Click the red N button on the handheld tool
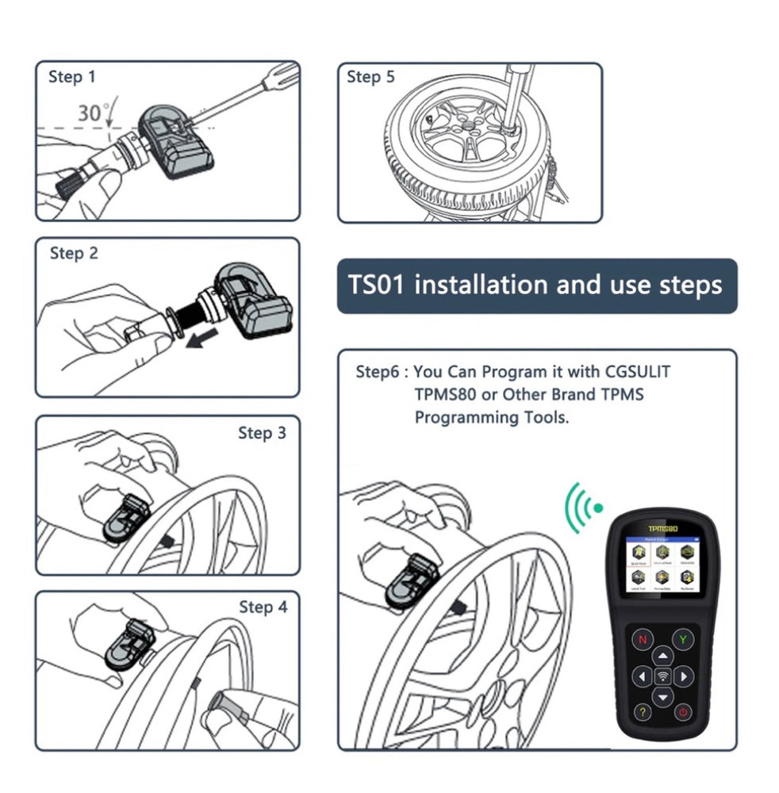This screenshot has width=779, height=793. (642, 639)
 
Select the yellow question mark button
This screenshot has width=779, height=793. (642, 711)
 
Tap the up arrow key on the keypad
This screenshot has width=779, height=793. (662, 654)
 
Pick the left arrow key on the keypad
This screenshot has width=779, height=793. (641, 676)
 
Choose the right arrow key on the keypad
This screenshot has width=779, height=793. (684, 676)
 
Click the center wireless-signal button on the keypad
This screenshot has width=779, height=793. (662, 676)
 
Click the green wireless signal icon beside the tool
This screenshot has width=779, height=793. (583, 505)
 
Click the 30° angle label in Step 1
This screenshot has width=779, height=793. (94, 113)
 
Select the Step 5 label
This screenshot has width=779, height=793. (370, 77)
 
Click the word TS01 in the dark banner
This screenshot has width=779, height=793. (378, 285)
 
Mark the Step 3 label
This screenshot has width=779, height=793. (262, 433)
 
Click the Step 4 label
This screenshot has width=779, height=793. (263, 607)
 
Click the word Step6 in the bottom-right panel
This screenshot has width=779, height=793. (378, 372)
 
